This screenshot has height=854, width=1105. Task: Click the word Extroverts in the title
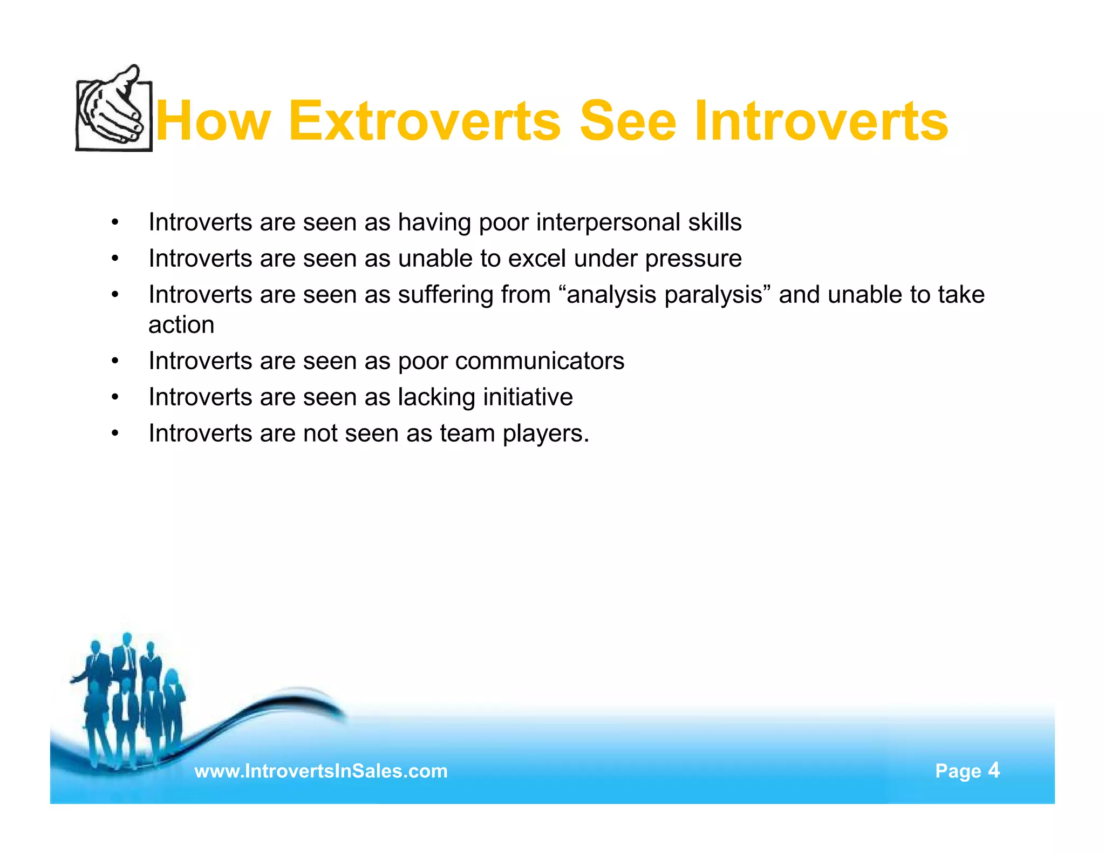(x=425, y=121)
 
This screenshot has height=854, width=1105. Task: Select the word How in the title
(x=213, y=121)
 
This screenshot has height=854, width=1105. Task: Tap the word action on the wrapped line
(x=181, y=325)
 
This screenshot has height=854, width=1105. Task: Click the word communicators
(x=540, y=361)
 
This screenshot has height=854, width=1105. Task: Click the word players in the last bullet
(x=545, y=433)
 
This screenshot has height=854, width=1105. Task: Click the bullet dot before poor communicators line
(x=115, y=361)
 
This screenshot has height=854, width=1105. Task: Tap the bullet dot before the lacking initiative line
(x=115, y=398)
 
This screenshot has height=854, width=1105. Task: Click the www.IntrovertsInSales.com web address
(x=321, y=771)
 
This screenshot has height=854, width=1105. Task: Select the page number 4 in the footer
(x=994, y=770)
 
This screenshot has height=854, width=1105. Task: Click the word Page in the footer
(x=958, y=771)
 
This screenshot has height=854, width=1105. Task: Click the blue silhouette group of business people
(x=129, y=702)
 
